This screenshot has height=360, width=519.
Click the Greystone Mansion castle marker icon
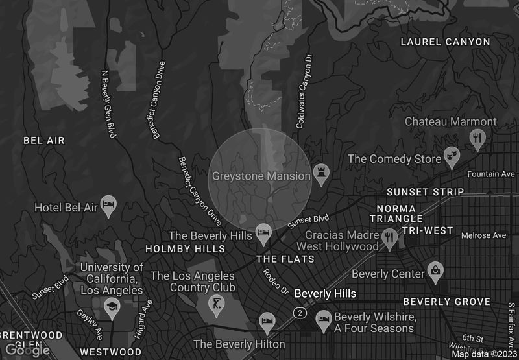coord(321,173)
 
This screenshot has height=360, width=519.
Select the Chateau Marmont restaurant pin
coord(477,138)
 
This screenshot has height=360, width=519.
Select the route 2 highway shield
coord(299,313)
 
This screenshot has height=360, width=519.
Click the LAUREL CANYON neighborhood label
coord(445,42)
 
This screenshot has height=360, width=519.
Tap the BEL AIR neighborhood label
coord(44,140)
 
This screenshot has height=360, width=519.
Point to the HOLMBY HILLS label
coord(185,249)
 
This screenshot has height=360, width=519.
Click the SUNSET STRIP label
coord(425,192)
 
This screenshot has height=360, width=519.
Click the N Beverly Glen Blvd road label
coord(109,104)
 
